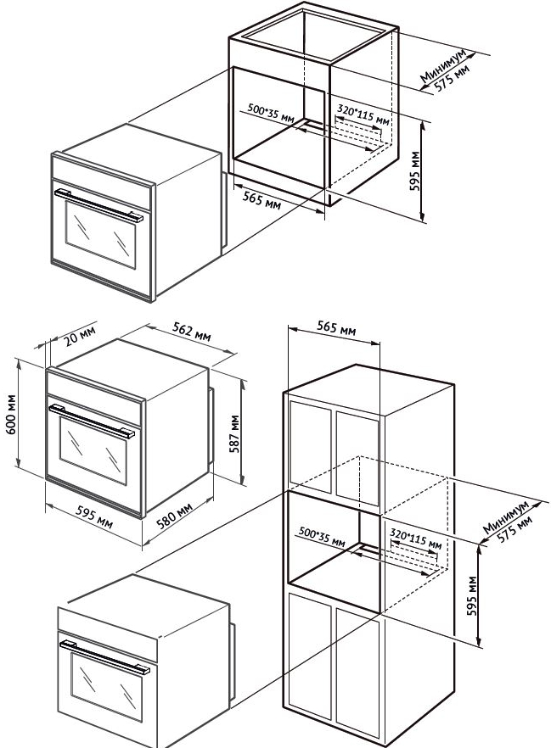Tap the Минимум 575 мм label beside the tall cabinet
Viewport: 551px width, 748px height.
509,519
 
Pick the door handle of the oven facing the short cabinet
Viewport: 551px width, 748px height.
95,204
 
